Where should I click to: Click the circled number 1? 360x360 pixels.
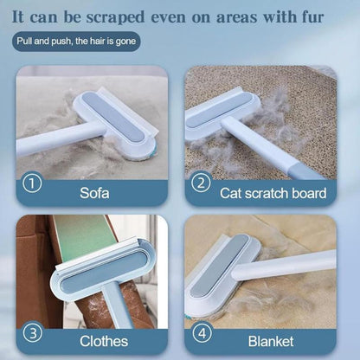click(32, 183)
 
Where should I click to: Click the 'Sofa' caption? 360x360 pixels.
click(95, 191)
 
